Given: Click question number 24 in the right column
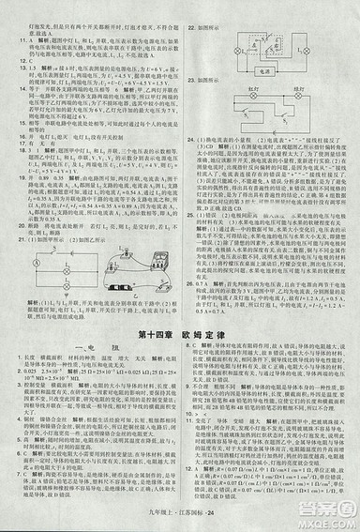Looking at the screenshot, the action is tap(188, 139).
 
